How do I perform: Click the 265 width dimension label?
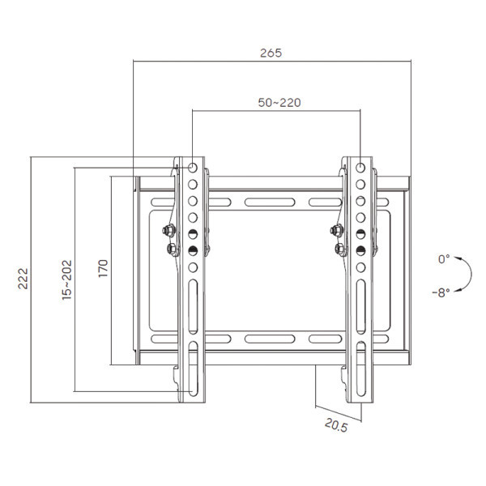[x=271, y=53]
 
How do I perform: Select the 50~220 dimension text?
[x=279, y=103]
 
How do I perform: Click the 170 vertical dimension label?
[x=103, y=269]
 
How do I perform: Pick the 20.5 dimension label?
[x=336, y=424]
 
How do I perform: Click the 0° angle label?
[x=443, y=259]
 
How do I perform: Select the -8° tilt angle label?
[x=441, y=291]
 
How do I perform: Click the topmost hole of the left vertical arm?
[x=194, y=168]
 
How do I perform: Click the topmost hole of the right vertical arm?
[x=360, y=168]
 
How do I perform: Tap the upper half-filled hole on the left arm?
[x=194, y=234]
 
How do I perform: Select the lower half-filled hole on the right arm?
[x=360, y=250]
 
